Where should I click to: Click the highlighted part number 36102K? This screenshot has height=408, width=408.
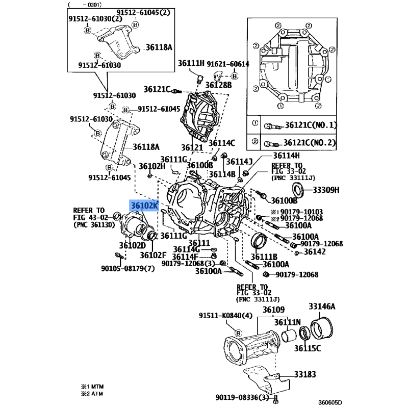tap(145, 206)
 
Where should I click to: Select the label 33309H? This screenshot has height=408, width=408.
tap(326, 190)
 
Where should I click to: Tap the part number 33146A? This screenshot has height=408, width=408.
tap(322, 307)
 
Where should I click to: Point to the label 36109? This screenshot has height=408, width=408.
tap(274, 310)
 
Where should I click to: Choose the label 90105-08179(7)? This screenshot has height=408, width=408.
tap(127, 268)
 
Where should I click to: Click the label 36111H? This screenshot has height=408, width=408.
tap(191, 63)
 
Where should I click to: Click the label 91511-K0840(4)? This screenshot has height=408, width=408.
tap(225, 316)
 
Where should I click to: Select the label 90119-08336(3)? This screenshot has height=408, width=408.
tap(242, 397)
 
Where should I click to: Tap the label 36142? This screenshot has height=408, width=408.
tap(314, 252)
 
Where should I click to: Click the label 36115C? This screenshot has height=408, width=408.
tap(307, 348)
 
